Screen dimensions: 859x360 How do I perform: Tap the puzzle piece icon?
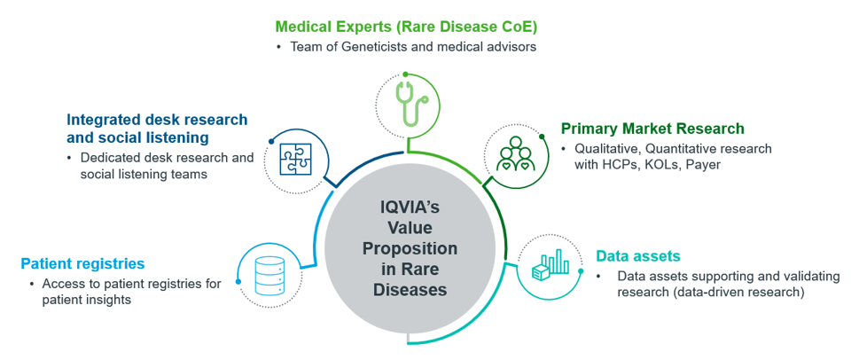tap(296, 159)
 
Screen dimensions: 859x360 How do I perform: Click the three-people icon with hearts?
tap(514, 153)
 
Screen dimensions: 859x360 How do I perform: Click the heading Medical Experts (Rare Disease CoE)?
tap(405, 26)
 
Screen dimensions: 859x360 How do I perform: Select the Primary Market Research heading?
tap(652, 129)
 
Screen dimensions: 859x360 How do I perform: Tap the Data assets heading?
tap(638, 256)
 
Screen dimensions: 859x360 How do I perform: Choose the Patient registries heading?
tap(82, 263)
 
